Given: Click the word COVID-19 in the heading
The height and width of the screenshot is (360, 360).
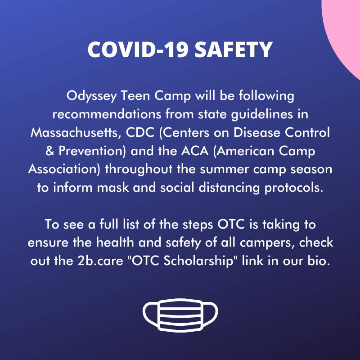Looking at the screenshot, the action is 138,50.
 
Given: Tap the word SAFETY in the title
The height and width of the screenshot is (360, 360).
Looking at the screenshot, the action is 234,50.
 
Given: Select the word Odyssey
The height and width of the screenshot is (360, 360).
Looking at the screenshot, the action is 91,96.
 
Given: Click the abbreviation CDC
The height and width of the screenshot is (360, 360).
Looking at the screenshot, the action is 140,132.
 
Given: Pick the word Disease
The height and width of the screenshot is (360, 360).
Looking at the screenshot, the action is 256,132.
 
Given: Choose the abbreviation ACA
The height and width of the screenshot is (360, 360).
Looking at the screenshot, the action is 195,151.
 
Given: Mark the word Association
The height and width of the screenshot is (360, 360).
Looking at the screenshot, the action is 64,170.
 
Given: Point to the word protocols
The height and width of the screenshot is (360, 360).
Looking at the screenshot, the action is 294,188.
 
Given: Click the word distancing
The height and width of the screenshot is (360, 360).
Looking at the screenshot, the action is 229,188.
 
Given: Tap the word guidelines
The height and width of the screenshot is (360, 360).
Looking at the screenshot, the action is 262,114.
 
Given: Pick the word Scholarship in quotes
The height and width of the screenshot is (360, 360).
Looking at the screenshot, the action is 198,261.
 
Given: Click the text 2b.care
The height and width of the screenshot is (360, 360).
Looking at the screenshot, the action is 100,261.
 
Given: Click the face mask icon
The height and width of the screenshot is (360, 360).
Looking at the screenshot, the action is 180,315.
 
